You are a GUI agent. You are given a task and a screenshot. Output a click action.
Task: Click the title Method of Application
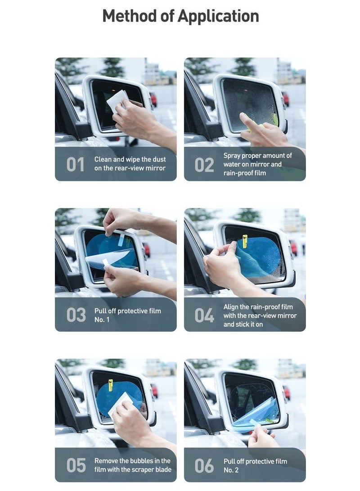pos(180,16)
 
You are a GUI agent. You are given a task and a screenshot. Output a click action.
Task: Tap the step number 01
pos(75,165)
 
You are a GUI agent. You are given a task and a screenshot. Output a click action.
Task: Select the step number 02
pos(204,165)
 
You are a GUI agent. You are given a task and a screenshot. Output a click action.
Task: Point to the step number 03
pos(75,315)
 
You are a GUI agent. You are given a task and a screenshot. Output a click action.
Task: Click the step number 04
pos(204,315)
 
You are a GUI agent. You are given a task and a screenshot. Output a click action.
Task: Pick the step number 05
pos(75,465)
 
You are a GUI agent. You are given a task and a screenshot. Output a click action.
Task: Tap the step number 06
pos(204,465)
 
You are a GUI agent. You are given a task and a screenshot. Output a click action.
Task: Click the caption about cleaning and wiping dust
pos(130,164)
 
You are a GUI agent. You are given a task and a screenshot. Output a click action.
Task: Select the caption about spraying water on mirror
pos(257,164)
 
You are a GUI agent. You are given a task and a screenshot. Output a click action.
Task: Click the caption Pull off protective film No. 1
pos(127,315)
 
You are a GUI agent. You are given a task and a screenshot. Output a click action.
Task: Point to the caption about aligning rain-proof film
pos(260,315)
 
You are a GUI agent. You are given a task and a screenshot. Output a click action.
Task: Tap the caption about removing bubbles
pos(132,465)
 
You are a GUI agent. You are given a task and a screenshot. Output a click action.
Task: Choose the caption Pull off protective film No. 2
pos(255,465)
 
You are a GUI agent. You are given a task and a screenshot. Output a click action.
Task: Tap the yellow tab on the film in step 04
pos(245,241)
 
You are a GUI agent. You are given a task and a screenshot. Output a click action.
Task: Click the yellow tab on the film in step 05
pos(111,386)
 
